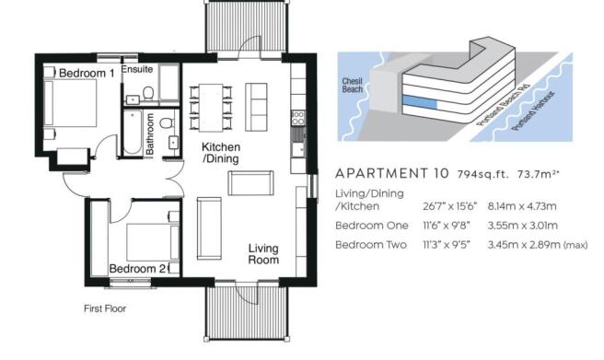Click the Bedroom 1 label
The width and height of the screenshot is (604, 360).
(87, 73)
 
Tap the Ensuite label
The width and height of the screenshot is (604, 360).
(137, 69)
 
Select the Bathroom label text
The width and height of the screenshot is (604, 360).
(150, 134)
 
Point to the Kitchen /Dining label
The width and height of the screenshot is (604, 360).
(221, 153)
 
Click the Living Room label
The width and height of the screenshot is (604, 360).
(263, 254)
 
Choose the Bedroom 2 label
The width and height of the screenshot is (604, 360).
(137, 268)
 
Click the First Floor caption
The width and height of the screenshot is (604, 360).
(105, 308)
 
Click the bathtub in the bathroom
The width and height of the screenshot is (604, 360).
(133, 133)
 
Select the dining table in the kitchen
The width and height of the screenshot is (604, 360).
(211, 108)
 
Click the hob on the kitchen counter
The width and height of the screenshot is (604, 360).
(297, 118)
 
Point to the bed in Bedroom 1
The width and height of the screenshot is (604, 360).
(71, 103)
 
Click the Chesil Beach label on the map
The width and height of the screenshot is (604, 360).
(352, 85)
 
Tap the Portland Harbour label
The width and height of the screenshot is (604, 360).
(533, 110)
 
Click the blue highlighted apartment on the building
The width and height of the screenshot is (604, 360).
(420, 102)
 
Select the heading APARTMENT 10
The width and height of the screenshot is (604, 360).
(392, 174)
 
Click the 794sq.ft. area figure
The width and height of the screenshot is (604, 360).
(483, 174)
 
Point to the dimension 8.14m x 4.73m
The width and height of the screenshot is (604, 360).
(522, 206)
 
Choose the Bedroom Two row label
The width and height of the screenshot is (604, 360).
(371, 245)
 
